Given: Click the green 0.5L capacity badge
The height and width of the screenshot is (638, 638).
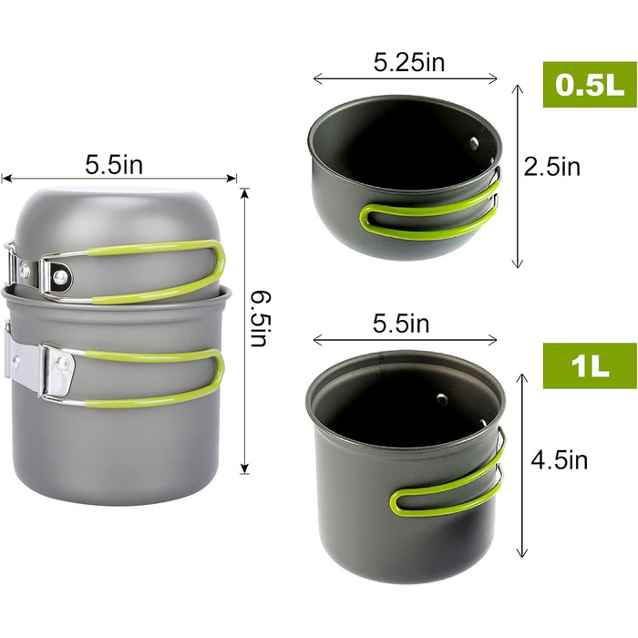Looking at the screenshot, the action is point(590,85).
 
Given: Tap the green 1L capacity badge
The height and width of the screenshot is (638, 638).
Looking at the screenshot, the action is point(590,365).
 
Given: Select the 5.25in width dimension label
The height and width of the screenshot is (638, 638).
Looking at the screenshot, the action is point(409,63).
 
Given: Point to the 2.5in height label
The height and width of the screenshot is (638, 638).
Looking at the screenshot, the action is point(551,167).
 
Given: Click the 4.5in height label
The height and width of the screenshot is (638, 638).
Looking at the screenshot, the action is point(559,460).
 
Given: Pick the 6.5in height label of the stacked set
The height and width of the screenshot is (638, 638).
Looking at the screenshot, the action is point(260,319).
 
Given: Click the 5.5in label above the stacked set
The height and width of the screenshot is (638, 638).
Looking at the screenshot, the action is point(114,165).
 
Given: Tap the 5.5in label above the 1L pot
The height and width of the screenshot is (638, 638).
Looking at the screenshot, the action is point(401,324).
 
